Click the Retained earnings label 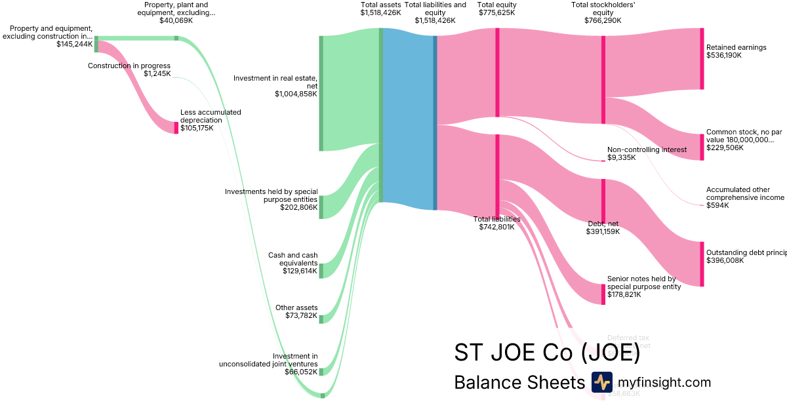click(x=736, y=47)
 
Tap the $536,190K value click(x=723, y=56)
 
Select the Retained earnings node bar click(x=702, y=59)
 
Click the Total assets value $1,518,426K click(x=380, y=12)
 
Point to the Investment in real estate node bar click(x=321, y=93)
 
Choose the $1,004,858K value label click(x=296, y=94)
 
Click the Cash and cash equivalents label click(x=293, y=259)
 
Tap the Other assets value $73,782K click(x=300, y=316)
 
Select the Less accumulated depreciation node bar click(x=176, y=127)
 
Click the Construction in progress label click(x=129, y=66)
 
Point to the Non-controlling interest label click(x=646, y=149)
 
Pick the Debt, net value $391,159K click(x=603, y=231)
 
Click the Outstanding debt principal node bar click(x=702, y=264)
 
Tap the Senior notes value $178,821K click(x=624, y=294)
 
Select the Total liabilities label click(x=496, y=219)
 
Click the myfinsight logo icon click(x=601, y=382)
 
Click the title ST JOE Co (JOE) click(x=546, y=352)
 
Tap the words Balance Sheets click(x=519, y=383)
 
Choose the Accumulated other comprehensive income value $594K click(x=717, y=206)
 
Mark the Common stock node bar click(x=702, y=147)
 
